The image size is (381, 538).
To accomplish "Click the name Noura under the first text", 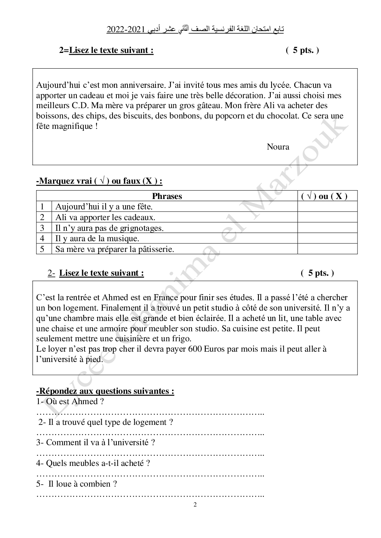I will [x=278, y=147].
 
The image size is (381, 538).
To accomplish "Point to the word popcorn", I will [x=231, y=116].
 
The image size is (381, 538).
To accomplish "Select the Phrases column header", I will [x=167, y=196].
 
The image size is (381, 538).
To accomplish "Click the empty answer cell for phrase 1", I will [x=327, y=207].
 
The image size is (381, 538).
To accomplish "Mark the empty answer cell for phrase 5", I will [x=327, y=249].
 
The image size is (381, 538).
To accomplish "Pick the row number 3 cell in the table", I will [x=43, y=228].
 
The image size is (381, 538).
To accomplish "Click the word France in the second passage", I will [x=166, y=298].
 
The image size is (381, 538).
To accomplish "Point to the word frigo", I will [x=180, y=339].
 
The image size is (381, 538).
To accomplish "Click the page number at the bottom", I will [x=195, y=505].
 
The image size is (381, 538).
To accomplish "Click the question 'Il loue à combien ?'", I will [x=82, y=484].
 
